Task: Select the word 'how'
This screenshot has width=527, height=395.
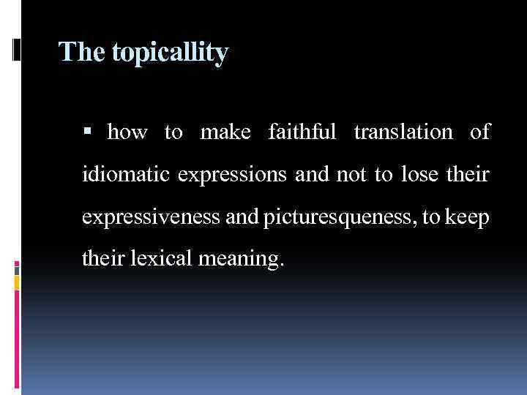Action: pos(127,132)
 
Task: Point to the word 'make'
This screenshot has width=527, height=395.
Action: pos(225,132)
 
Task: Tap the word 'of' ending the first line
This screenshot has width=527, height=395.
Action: pos(480,132)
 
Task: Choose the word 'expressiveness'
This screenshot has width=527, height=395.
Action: pos(144,219)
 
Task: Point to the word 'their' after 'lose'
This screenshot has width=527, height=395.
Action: pos(469,176)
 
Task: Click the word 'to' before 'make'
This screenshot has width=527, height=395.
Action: pos(173,132)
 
